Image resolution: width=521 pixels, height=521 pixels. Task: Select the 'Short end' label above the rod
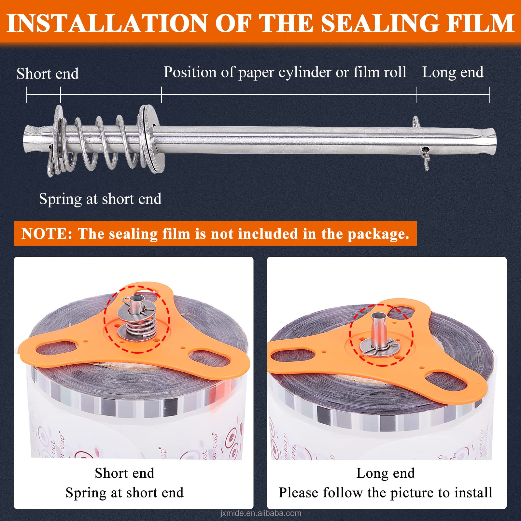pyautogui.click(x=48, y=74)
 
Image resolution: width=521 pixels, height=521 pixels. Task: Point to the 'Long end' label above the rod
pyautogui.click(x=453, y=72)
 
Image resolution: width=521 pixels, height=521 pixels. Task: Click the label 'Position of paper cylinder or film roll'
pyautogui.click(x=285, y=72)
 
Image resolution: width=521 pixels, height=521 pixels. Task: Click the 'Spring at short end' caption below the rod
pyautogui.click(x=100, y=199)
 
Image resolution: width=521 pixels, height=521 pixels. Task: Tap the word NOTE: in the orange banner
pyautogui.click(x=47, y=234)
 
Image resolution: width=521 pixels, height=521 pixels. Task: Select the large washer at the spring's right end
pyautogui.click(x=150, y=138)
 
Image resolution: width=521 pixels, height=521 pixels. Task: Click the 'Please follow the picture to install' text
pyautogui.click(x=386, y=493)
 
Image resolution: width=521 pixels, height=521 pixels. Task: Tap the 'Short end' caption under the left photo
pyautogui.click(x=124, y=473)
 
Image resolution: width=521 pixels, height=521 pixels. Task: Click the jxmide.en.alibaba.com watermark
pyautogui.click(x=260, y=514)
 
